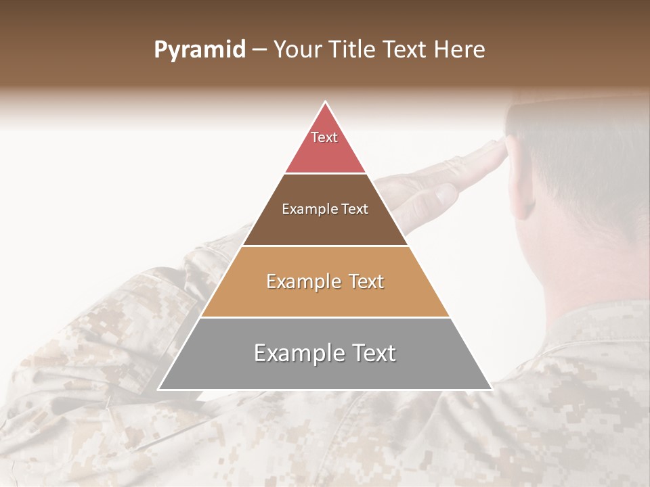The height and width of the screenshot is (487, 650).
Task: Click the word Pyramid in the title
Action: coord(199,50)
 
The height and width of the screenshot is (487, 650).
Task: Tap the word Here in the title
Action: coord(460,50)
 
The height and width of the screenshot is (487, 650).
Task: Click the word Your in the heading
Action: coord(299,50)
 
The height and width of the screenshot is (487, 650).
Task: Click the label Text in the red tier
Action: coord(324,137)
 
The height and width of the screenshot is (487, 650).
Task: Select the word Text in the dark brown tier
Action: coord(355,209)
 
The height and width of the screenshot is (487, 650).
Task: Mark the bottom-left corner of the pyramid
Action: coord(159,389)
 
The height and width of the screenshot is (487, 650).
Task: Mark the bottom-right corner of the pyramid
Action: coord(491,389)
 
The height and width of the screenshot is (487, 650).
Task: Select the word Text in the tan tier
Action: coord(366,281)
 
